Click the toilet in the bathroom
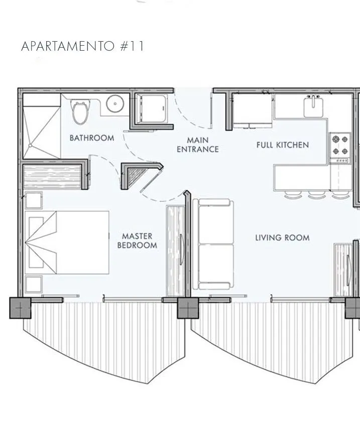80,112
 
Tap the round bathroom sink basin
115,104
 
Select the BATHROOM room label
92,138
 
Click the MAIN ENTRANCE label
198,145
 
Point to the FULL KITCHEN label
283,145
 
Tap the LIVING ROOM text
282,238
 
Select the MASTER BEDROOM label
137,240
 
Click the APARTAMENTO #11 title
83,46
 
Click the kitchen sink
313,106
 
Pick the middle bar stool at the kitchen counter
317,195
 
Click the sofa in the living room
213,244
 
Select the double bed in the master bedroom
67,242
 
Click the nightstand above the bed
34,200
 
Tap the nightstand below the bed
34,284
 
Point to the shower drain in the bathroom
30,145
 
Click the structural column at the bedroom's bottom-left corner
21,308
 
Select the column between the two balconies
188,308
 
